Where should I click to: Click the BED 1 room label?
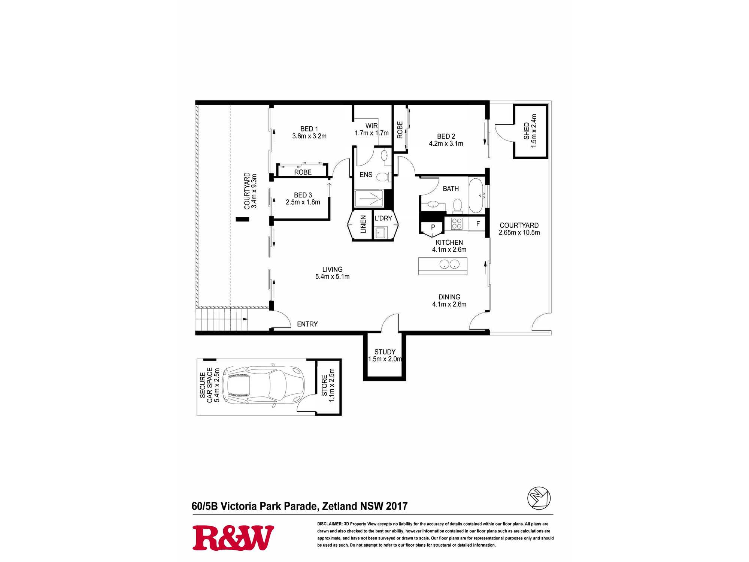click(x=309, y=129)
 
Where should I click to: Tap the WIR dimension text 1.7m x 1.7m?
click(x=372, y=133)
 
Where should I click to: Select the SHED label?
click(x=527, y=131)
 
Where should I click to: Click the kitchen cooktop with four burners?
click(x=457, y=223)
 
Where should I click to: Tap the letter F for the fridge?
click(x=478, y=224)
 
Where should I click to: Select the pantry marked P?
click(x=433, y=228)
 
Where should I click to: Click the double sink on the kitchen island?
click(x=449, y=264)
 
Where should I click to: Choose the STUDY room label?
click(x=385, y=352)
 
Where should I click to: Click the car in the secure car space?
click(x=263, y=384)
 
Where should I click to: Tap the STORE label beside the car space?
click(x=324, y=385)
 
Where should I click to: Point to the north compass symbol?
click(x=539, y=498)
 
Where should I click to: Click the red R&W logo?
click(x=233, y=538)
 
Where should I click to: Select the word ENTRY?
click(x=307, y=324)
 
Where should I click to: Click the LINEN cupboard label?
click(x=363, y=224)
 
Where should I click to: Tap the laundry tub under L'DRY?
click(x=380, y=233)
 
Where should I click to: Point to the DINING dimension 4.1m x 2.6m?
click(x=449, y=304)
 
